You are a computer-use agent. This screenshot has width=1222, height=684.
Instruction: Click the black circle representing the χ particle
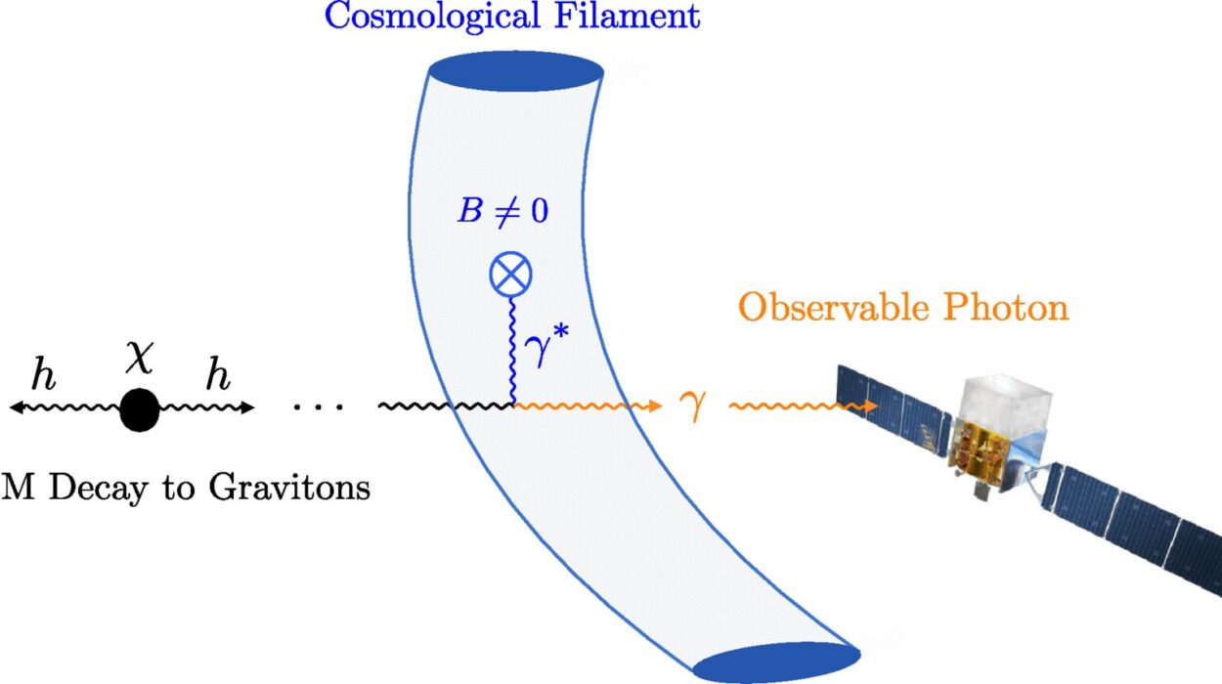[x=140, y=410]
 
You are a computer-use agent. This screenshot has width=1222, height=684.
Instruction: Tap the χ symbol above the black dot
[x=139, y=358]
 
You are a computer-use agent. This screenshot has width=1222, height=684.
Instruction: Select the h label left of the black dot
[x=44, y=373]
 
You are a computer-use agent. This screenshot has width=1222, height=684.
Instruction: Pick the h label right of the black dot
[x=218, y=373]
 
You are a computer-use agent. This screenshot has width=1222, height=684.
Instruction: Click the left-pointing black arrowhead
[x=17, y=406]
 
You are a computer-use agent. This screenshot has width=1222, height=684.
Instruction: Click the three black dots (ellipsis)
[x=319, y=406]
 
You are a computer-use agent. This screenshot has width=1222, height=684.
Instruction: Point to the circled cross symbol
[x=510, y=274]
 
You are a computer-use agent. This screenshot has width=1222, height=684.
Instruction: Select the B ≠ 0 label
[x=503, y=210]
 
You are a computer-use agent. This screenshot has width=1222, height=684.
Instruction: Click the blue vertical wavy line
[x=512, y=350]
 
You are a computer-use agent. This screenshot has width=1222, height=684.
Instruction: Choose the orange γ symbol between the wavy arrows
[x=693, y=406]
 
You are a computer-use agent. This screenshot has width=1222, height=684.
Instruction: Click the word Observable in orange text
[x=835, y=307]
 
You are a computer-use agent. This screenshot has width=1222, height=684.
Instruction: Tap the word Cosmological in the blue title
[x=432, y=17]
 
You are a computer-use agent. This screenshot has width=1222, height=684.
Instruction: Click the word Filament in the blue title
[x=628, y=16]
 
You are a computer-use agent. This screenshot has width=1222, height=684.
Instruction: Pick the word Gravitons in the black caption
[x=290, y=488]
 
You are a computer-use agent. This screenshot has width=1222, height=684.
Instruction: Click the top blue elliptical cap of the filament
[x=515, y=72]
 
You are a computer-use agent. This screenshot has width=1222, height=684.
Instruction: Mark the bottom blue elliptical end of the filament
[x=777, y=663]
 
